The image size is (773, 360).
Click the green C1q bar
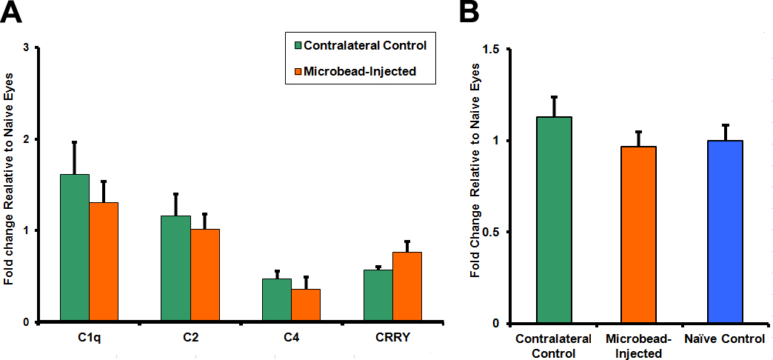click(x=75, y=248)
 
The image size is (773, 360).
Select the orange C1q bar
click(x=103, y=262)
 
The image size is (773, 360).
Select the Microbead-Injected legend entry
click(x=355, y=72)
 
